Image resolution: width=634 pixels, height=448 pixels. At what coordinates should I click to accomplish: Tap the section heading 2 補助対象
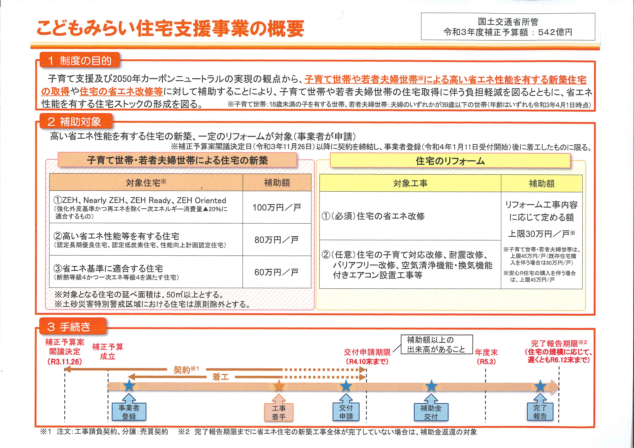point(76,121)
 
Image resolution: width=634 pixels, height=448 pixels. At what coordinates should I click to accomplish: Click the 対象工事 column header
point(410,183)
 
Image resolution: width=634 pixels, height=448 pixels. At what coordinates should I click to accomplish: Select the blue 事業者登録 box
point(129,412)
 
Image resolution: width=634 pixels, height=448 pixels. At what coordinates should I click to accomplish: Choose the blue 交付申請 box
point(346,412)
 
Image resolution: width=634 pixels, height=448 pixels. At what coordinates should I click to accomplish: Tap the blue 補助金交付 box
point(431,412)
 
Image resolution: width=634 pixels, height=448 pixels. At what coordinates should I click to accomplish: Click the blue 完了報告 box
point(540,412)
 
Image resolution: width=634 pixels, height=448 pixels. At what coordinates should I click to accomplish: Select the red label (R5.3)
point(486,361)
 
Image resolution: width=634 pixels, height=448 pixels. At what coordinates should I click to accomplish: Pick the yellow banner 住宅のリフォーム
point(450,161)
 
